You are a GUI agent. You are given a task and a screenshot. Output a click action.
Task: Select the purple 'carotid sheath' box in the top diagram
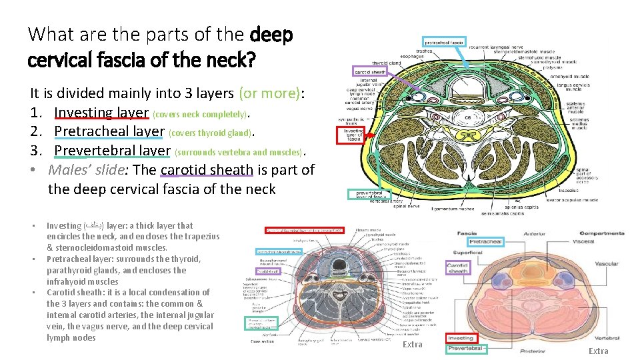[369, 71]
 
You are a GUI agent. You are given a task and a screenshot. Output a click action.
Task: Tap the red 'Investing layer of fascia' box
[353, 135]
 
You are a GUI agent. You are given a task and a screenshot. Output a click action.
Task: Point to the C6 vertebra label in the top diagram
[468, 117]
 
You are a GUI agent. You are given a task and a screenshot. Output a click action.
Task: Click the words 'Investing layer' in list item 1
[101, 113]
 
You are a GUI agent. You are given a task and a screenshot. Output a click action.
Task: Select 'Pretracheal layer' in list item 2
[109, 131]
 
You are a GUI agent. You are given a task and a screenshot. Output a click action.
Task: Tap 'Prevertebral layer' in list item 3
[112, 151]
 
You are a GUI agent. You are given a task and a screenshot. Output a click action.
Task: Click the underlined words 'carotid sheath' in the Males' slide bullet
[206, 169]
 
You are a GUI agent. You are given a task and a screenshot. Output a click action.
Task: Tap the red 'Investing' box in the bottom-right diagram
[461, 339]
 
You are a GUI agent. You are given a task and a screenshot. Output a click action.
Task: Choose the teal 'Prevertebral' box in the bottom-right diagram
[465, 349]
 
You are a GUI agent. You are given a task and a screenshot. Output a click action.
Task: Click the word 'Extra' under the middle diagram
[413, 344]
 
